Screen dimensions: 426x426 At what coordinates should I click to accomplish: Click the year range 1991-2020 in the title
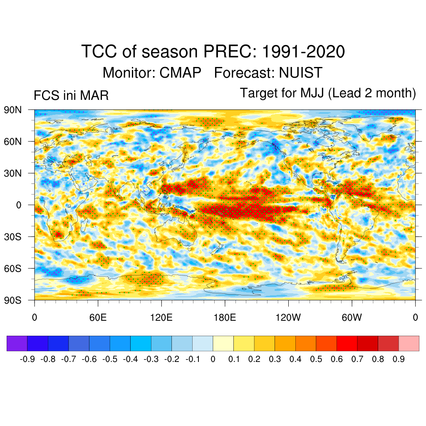(x=304, y=52)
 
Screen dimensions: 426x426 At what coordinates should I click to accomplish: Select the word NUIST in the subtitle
(x=300, y=73)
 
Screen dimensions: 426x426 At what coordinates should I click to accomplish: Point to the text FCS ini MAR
(x=71, y=96)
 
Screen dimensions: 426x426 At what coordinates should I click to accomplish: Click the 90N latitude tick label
(x=12, y=110)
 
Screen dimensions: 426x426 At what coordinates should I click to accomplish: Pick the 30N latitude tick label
(x=12, y=173)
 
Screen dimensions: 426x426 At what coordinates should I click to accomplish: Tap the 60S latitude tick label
(x=12, y=268)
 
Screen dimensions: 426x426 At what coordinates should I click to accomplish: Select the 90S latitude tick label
(x=12, y=300)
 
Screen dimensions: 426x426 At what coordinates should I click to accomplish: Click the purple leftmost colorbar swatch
(x=17, y=344)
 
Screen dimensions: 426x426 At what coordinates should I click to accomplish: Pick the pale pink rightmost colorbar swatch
(x=409, y=344)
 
